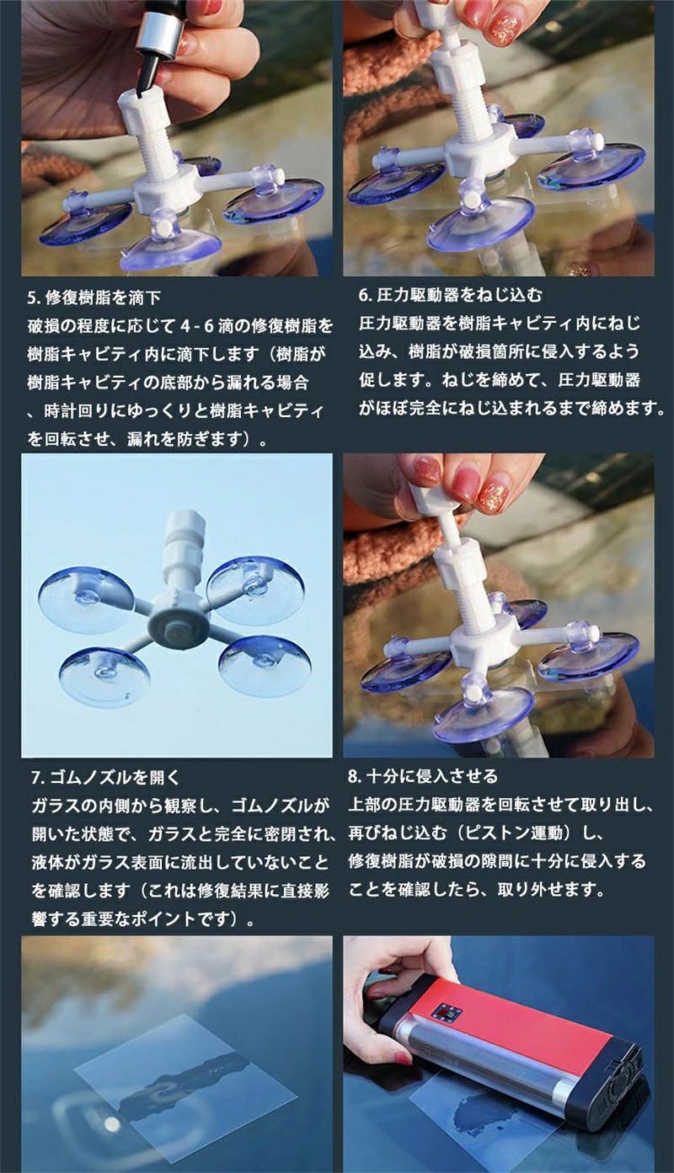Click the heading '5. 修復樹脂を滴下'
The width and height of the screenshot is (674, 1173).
94,298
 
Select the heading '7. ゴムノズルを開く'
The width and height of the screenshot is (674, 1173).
105,778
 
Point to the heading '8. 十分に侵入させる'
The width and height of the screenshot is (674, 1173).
423,775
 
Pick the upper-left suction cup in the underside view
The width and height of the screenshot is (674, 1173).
84,600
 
